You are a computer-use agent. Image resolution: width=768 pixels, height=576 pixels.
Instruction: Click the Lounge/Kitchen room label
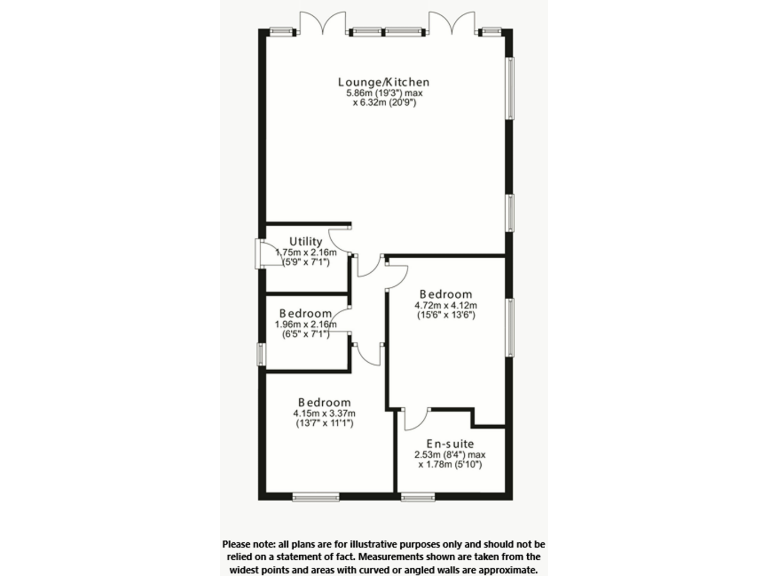point(384,82)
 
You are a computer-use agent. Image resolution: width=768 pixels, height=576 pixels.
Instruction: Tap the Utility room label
point(305,241)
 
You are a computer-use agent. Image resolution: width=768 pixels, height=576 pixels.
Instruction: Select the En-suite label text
point(450,442)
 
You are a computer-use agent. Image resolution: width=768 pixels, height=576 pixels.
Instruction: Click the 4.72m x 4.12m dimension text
point(446,305)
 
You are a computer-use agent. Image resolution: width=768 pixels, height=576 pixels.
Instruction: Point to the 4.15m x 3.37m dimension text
point(323,413)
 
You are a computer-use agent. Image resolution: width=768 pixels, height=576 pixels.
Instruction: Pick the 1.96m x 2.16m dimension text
point(305,324)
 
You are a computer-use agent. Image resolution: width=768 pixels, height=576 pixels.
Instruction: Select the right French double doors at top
point(450,22)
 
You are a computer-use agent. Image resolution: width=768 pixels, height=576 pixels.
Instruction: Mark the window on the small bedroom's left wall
point(261,354)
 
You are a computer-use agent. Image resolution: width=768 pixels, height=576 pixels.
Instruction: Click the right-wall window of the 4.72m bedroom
point(509,326)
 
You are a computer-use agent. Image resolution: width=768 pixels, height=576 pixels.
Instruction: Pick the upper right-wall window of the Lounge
point(509,88)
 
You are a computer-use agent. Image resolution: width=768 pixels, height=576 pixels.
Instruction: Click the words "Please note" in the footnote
point(249,543)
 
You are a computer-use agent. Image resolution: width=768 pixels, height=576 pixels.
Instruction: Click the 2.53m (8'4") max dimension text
point(450,454)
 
